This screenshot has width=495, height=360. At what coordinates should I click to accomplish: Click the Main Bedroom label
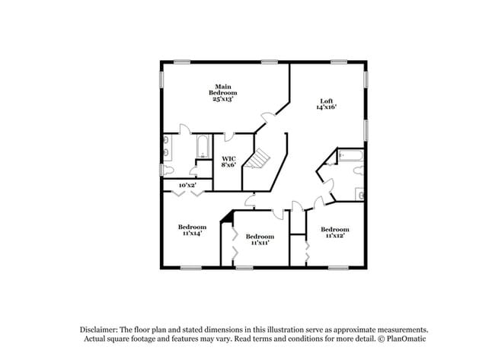[x=222, y=92]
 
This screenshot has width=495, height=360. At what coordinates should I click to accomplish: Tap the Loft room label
[x=326, y=104]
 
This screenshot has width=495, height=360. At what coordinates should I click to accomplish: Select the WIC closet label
[x=228, y=161]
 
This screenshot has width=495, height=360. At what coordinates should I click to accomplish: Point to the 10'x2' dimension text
[x=187, y=185]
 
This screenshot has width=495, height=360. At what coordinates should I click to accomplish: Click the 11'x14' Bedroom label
[x=192, y=230]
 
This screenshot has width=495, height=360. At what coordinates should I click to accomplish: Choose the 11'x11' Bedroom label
[x=260, y=240]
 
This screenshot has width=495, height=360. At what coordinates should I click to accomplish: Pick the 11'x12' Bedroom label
[x=334, y=233]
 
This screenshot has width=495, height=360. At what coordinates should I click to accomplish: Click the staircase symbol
[x=260, y=158]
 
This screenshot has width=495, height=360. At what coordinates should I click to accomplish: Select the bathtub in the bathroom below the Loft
[x=352, y=157]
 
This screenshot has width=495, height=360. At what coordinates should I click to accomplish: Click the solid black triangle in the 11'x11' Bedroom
[x=225, y=218]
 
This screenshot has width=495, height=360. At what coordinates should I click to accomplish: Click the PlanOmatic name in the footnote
[x=398, y=339]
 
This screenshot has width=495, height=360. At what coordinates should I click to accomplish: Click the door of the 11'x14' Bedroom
[x=250, y=200]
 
